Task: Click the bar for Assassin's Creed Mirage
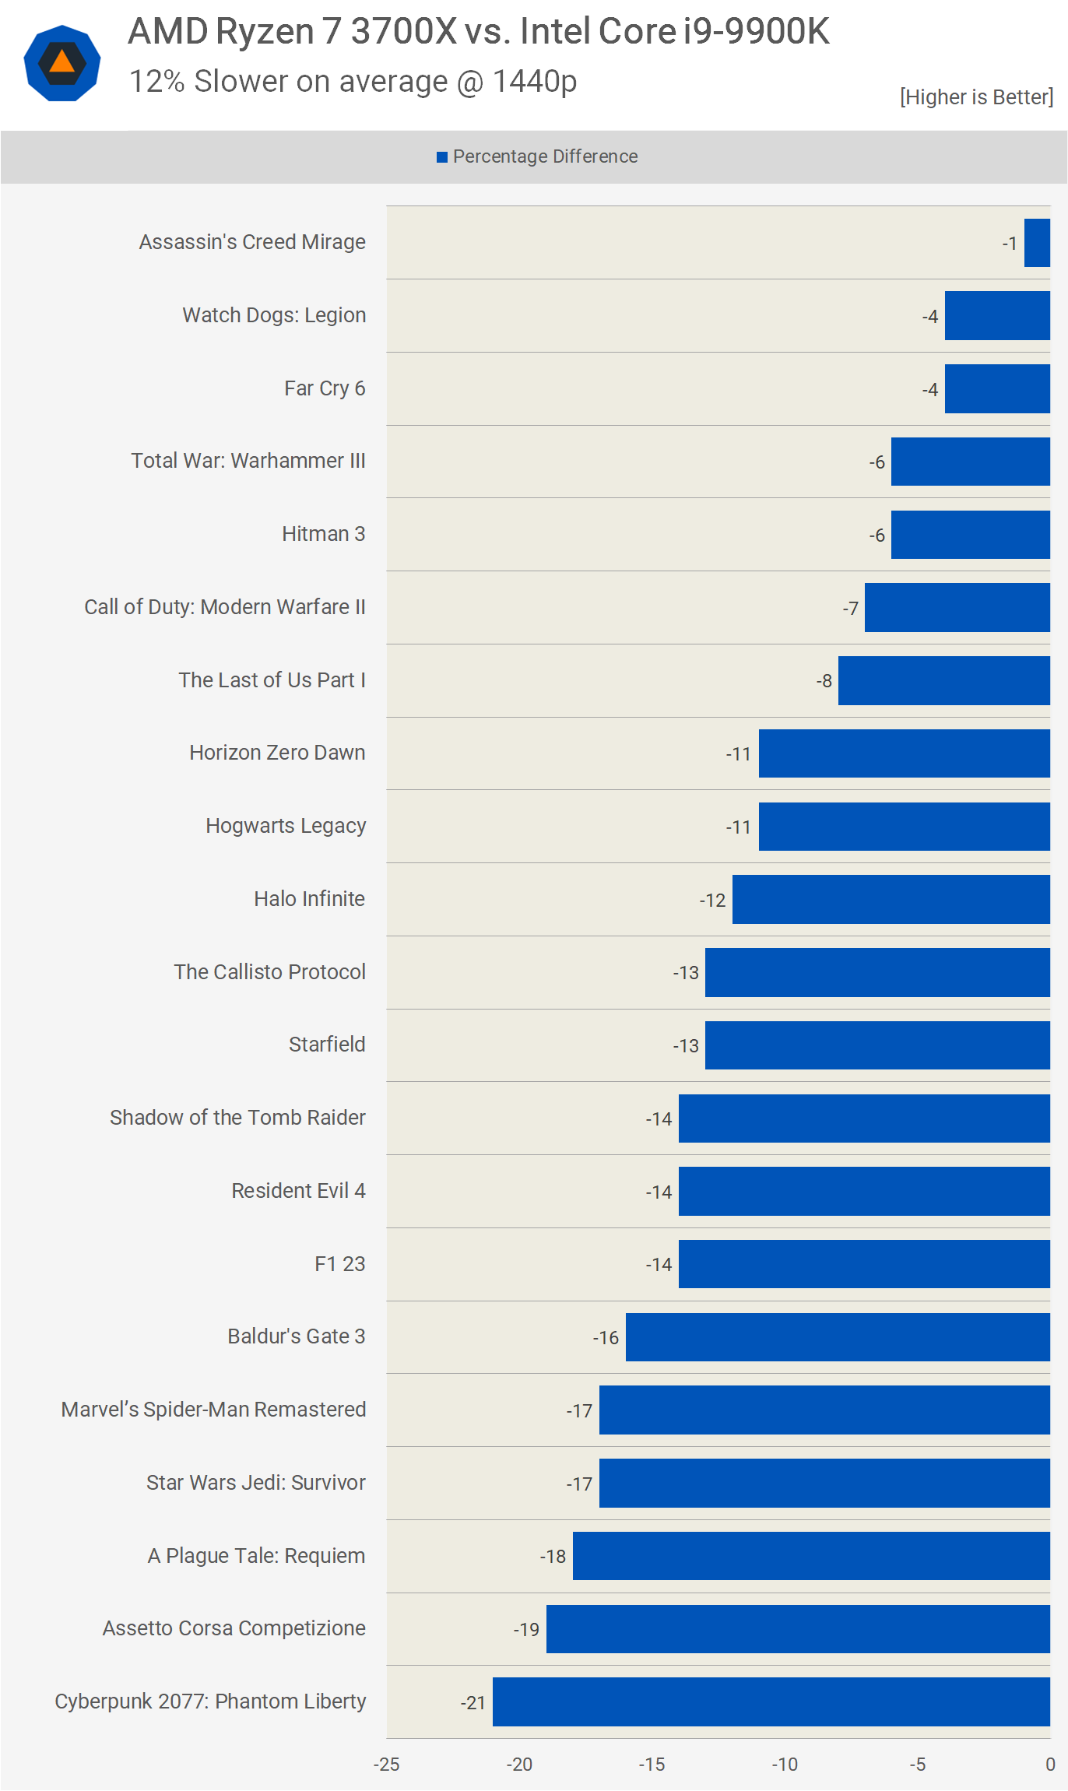(1037, 243)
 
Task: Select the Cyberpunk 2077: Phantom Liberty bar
(771, 1701)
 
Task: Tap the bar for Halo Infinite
(891, 899)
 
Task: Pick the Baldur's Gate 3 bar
(838, 1337)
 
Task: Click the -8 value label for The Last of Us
(824, 681)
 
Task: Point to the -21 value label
(473, 1703)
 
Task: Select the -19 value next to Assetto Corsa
(526, 1630)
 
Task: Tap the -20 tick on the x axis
(519, 1765)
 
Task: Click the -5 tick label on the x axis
(917, 1765)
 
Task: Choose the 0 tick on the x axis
(1050, 1765)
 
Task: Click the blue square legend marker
(442, 157)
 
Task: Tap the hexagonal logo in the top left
(62, 63)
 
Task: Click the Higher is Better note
(976, 97)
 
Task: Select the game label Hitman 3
(323, 534)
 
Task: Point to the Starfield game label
(327, 1045)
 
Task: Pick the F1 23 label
(339, 1264)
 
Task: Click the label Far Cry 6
(325, 388)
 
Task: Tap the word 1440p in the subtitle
(535, 82)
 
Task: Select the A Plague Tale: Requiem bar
(811, 1556)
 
